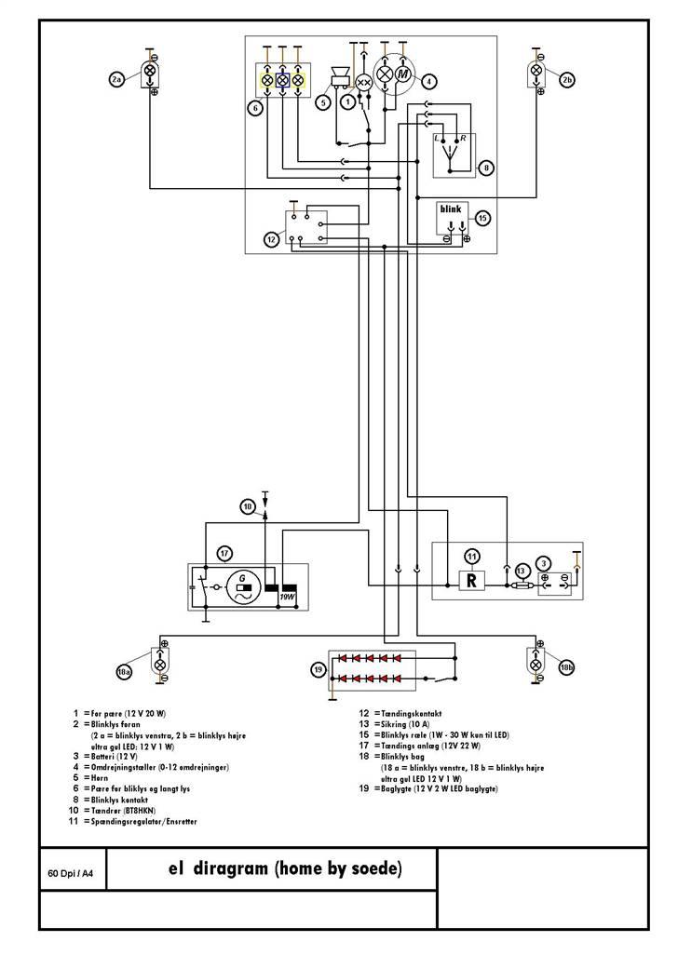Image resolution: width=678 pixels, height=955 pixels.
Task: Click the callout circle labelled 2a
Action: coord(117,81)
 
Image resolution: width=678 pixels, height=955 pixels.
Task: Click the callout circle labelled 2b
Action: coord(568,81)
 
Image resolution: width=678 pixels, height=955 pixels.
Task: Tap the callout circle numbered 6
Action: coord(255,108)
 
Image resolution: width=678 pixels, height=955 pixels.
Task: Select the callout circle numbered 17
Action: coord(224,554)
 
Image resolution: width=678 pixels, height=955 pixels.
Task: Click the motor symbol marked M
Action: coord(403,74)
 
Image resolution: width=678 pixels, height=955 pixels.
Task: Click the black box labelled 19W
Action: coord(289,590)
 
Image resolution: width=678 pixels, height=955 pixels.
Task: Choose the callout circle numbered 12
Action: coord(271,240)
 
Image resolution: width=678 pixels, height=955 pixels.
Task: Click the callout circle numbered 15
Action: coord(482,219)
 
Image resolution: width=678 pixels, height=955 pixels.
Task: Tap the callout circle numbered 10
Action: coord(247,507)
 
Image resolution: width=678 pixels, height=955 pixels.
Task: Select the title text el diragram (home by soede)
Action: coord(285,870)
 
